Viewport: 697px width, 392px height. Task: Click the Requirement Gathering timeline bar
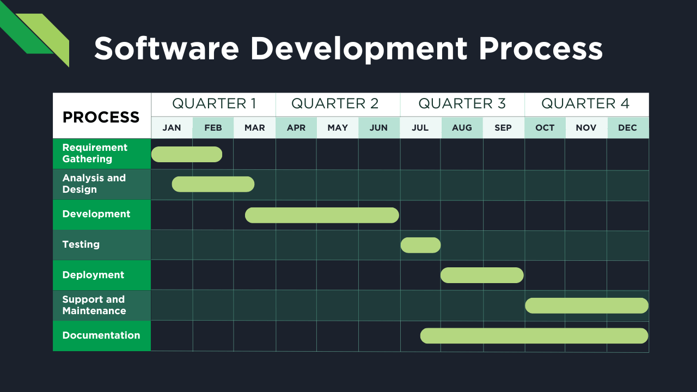click(x=187, y=154)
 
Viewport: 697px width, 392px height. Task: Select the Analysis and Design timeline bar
click(x=213, y=184)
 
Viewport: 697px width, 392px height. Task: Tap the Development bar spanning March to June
click(x=322, y=215)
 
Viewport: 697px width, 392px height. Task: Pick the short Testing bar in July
click(x=420, y=245)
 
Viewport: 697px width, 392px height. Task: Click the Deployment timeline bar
click(x=482, y=275)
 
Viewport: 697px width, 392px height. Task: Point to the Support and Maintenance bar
click(x=586, y=305)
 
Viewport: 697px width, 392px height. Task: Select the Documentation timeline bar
click(x=534, y=336)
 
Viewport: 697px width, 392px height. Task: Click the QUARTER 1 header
click(x=213, y=103)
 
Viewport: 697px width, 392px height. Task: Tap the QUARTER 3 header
click(x=462, y=103)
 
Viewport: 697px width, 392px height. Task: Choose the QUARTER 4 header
click(x=586, y=103)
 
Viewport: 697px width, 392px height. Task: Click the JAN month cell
click(x=172, y=128)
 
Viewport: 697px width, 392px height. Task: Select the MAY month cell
click(x=338, y=128)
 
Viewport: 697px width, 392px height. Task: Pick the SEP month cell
click(x=503, y=128)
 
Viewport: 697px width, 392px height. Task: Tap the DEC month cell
click(x=627, y=128)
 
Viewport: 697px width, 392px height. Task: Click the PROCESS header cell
click(x=101, y=117)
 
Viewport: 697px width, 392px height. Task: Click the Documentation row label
click(x=101, y=335)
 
